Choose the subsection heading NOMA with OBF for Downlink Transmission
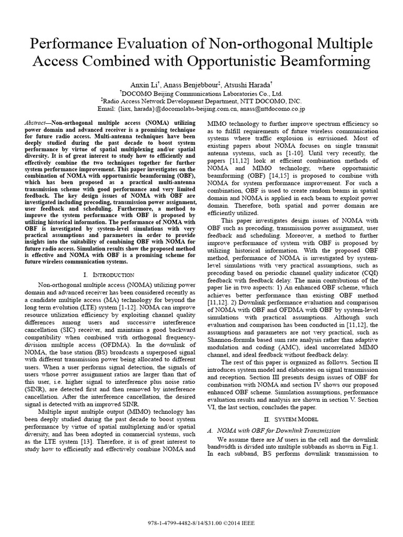[x=277, y=431]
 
